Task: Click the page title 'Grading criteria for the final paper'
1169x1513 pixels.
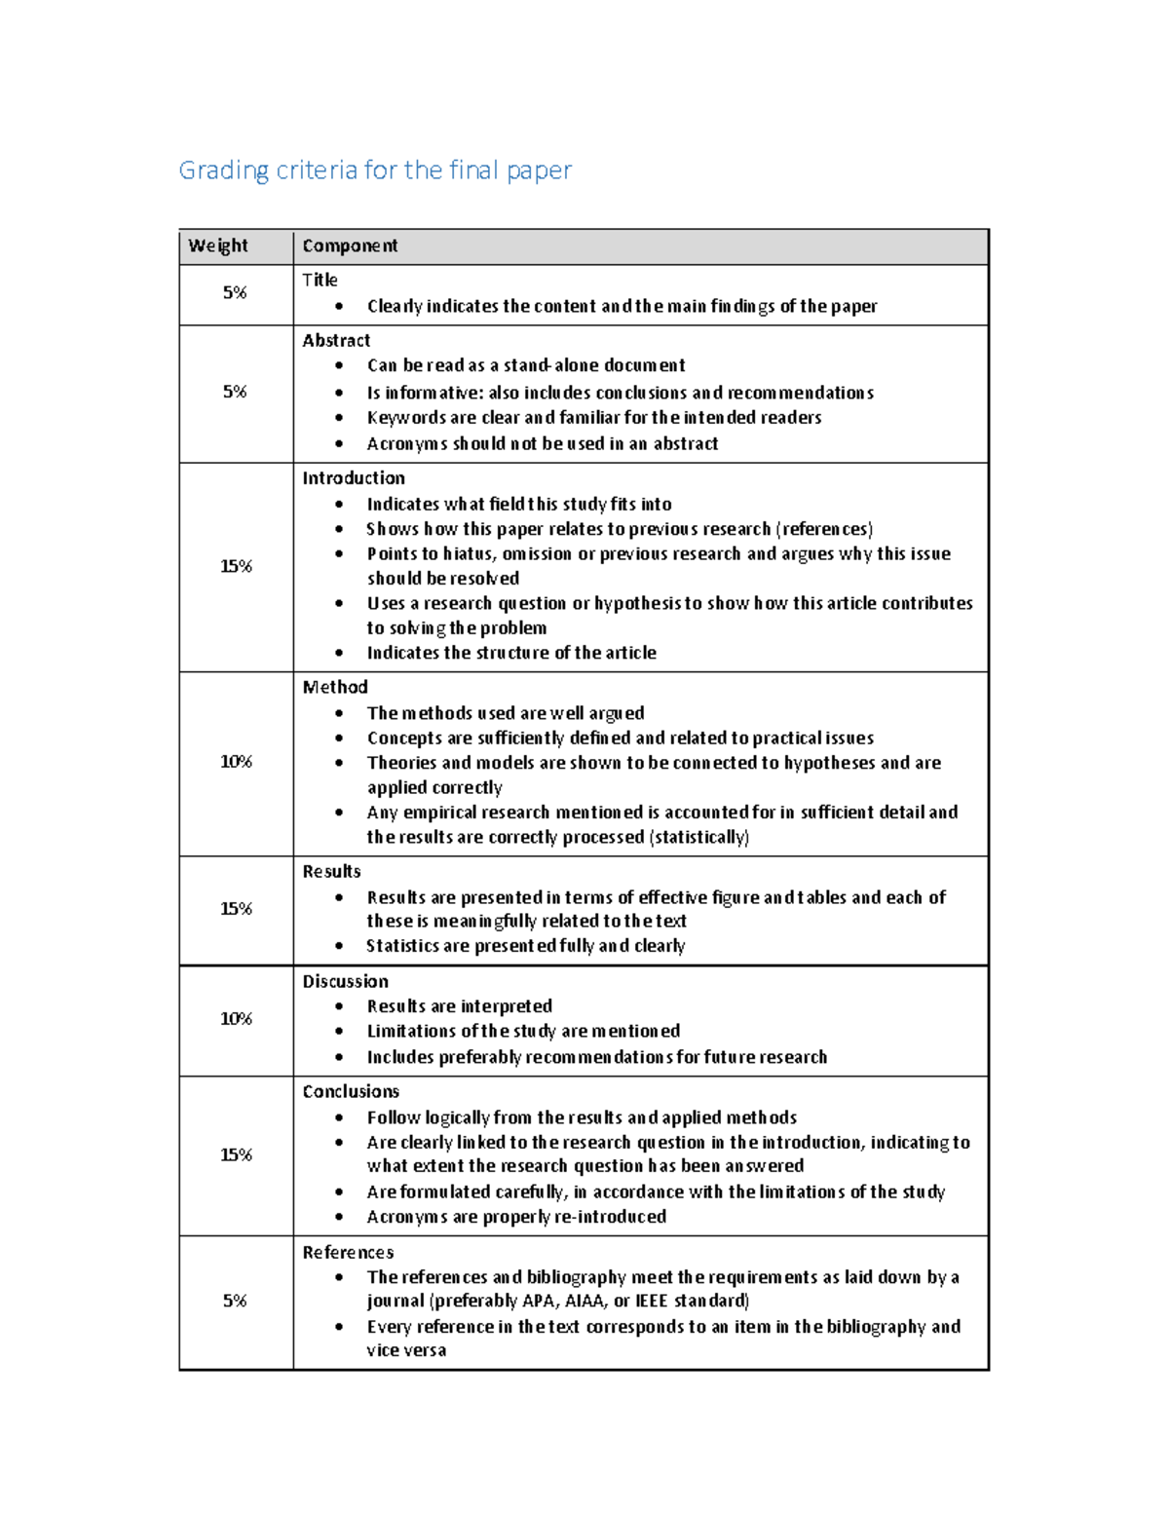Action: [375, 170]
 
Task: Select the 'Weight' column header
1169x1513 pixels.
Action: [218, 246]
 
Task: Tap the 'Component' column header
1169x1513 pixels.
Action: [350, 246]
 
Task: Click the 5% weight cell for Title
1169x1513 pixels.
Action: [235, 293]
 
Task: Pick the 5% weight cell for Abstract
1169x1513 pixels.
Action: [235, 393]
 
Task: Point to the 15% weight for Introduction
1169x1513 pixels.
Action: [236, 567]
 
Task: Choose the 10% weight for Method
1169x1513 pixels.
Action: [236, 762]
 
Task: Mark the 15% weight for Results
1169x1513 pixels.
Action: [236, 909]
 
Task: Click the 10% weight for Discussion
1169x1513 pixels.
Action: [236, 1019]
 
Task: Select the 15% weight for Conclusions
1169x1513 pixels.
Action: [236, 1155]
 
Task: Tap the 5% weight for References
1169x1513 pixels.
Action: [235, 1302]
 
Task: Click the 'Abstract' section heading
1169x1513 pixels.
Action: [336, 341]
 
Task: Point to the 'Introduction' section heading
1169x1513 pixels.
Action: [354, 478]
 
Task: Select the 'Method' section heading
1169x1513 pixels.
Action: [335, 688]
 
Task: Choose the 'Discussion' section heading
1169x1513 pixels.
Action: [345, 982]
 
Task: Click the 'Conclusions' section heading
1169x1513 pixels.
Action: [351, 1092]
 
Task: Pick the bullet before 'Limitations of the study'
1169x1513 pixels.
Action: [339, 1032]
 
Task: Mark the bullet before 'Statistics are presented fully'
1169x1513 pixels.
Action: [339, 946]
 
